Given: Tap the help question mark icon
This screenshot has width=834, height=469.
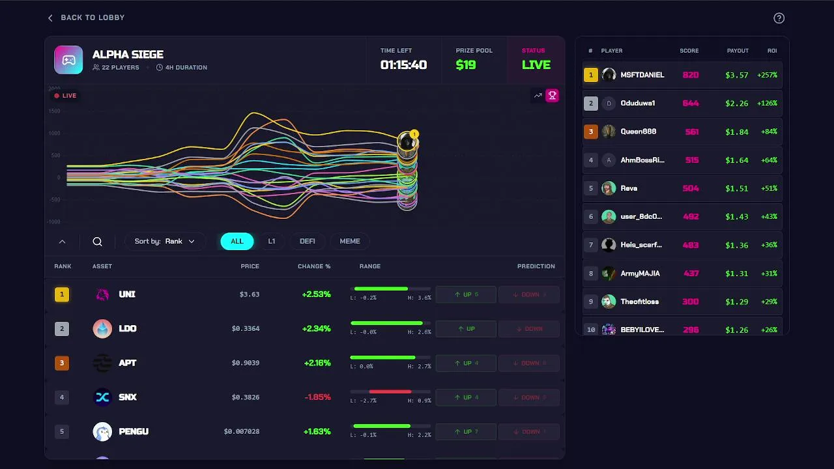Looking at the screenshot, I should [779, 18].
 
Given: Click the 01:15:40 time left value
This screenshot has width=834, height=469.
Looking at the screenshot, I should [403, 65].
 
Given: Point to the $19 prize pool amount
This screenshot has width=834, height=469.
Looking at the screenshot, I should [466, 65].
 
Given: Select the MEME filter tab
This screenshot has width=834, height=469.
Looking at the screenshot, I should [349, 241].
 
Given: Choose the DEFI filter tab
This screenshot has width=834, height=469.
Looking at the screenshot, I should [307, 241].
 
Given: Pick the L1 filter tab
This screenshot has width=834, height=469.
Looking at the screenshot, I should [272, 241].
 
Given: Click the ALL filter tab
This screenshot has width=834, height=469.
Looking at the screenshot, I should [237, 241].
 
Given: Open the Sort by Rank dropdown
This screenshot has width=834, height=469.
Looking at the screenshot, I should [165, 241].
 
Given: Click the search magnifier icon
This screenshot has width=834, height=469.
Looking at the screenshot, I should [98, 242].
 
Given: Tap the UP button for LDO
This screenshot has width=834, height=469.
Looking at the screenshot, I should [466, 329].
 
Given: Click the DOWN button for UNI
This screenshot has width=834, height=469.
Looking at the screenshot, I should [529, 294].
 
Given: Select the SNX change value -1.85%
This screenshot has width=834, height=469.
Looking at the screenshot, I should [317, 397].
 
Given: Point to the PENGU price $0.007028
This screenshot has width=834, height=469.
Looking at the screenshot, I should [242, 431].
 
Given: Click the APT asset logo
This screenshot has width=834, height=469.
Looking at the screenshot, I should [102, 363].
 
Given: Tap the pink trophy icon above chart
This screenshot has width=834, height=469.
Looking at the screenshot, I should [552, 96].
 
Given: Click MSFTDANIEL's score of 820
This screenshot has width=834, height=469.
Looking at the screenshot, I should [690, 75].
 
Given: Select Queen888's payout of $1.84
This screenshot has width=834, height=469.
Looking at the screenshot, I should [736, 132].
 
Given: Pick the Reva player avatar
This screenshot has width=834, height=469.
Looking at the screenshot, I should [609, 188].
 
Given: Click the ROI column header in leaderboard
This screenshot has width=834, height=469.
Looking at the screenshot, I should [772, 51].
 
